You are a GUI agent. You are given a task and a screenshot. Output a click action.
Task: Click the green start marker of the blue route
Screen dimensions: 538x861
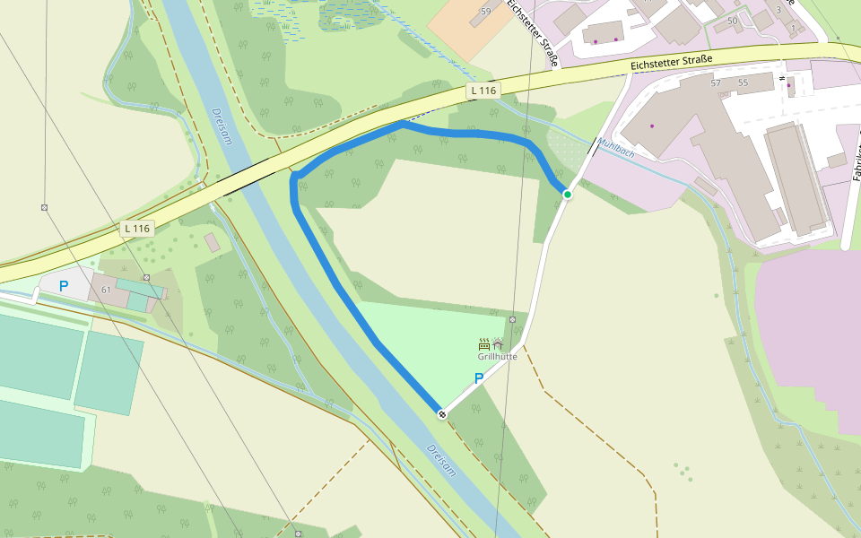click(x=567, y=195)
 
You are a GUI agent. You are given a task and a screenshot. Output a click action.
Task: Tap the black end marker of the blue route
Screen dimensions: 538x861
click(x=441, y=413)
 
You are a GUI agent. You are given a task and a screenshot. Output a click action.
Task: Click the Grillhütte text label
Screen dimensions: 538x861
click(x=497, y=356)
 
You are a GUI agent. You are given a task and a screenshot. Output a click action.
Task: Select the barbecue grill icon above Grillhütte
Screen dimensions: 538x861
click(x=484, y=343)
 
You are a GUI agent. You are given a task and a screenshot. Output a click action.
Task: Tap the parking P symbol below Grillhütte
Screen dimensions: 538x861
click(x=479, y=378)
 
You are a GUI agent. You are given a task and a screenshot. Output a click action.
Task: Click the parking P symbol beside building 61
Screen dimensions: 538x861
click(x=63, y=286)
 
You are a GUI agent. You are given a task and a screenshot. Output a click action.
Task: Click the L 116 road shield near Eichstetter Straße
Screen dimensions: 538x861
click(x=483, y=91)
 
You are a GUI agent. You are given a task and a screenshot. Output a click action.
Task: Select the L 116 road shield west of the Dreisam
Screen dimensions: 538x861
click(x=137, y=229)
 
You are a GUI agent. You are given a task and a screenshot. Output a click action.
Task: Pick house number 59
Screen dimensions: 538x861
click(x=486, y=12)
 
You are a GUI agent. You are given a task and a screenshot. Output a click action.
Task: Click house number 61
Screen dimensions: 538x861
click(x=106, y=290)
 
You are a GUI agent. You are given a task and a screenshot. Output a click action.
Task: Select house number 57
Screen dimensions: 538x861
click(x=716, y=82)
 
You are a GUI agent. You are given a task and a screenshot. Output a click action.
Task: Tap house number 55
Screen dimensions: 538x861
click(x=743, y=82)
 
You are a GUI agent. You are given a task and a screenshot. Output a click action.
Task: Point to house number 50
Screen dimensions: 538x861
click(x=733, y=21)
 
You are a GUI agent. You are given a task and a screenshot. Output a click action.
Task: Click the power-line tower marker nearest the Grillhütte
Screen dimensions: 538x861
click(x=512, y=319)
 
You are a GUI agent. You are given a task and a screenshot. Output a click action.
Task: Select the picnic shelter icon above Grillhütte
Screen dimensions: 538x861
click(x=498, y=343)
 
